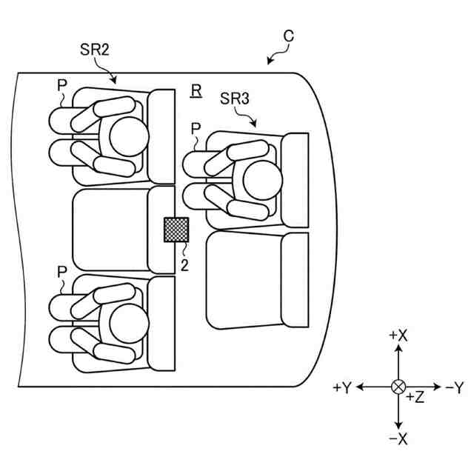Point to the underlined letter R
click(196, 90)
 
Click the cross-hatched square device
click(176, 230)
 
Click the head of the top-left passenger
click(129, 136)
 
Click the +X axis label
click(398, 335)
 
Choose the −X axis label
click(398, 438)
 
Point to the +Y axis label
click(343, 387)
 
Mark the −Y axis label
click(453, 387)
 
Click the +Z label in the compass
click(415, 398)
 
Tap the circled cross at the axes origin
click(398, 387)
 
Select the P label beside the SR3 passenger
click(196, 129)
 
